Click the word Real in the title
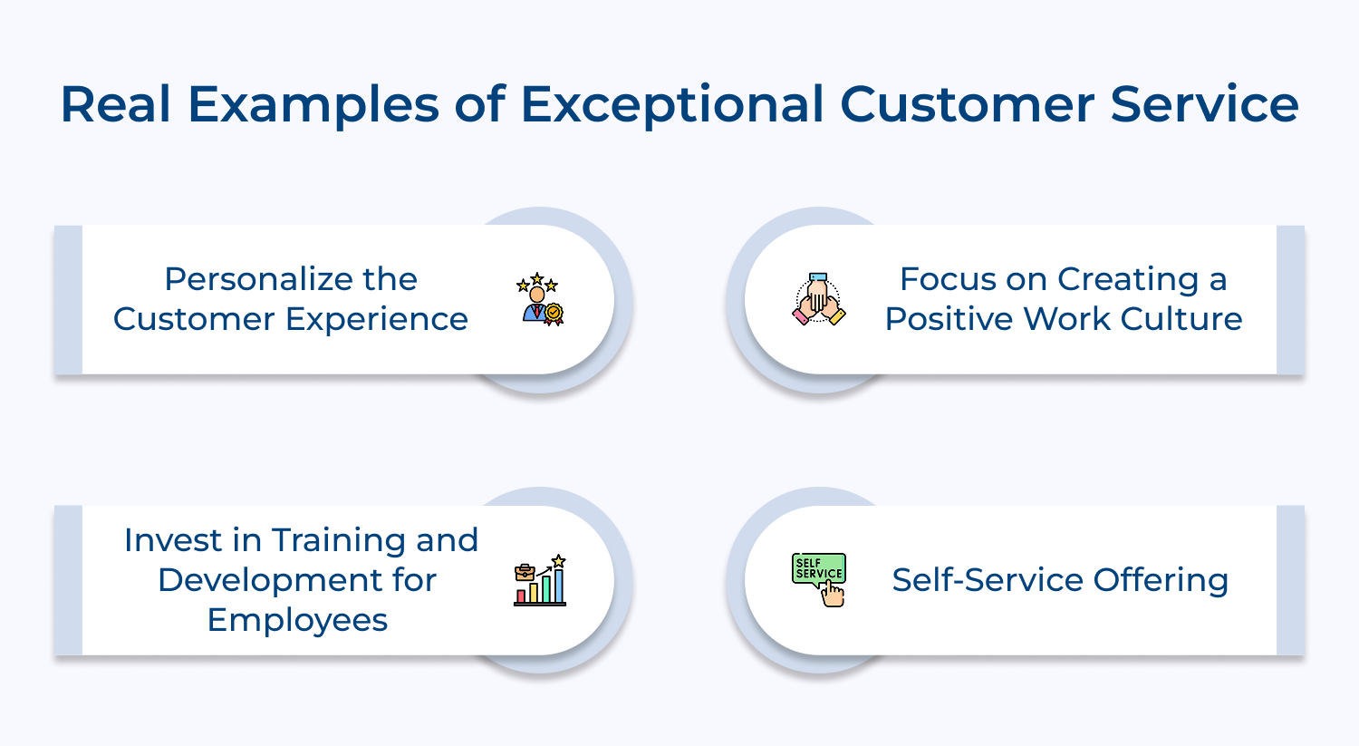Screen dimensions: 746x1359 115,104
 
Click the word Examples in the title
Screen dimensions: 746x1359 313,106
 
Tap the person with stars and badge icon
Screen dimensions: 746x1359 540,299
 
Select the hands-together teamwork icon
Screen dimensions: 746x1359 819,300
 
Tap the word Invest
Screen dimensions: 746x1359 172,540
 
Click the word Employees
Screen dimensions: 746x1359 297,620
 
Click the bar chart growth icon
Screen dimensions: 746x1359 540,582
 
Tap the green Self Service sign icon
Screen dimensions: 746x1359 818,569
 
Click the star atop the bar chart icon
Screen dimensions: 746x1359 559,561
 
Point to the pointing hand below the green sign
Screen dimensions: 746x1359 833,595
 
